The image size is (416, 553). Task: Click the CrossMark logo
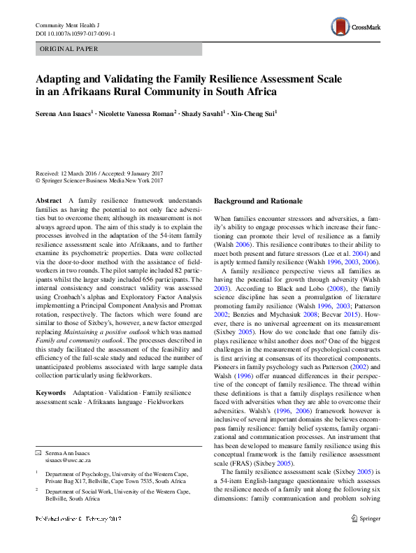355,28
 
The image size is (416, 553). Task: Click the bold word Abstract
48,201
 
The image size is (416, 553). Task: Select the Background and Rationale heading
257,201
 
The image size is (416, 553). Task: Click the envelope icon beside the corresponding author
38,454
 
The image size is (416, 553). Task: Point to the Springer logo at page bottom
365,538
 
